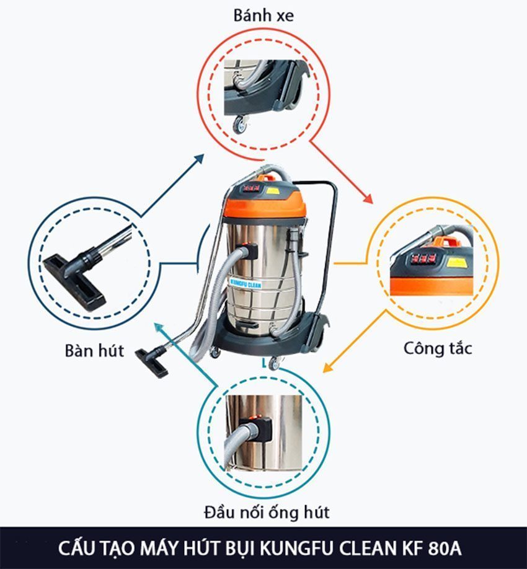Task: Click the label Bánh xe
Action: point(263,15)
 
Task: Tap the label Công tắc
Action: point(438,348)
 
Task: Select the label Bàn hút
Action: point(94,351)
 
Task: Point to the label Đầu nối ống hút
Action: point(267,513)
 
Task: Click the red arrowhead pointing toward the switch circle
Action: point(368,199)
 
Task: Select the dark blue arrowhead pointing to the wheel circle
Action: point(199,159)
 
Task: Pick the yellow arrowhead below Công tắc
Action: point(328,367)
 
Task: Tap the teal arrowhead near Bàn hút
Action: point(159,328)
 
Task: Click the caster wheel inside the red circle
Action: point(239,124)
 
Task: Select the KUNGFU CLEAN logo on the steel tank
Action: point(246,283)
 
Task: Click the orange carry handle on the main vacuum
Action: point(268,178)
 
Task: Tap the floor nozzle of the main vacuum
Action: point(151,363)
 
